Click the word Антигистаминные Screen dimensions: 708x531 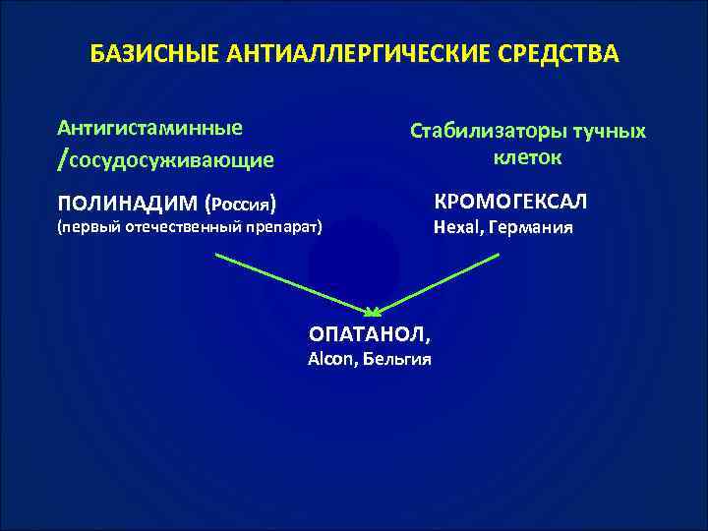click(150, 128)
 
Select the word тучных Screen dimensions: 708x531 click(603, 132)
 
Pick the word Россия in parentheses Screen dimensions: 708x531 click(240, 205)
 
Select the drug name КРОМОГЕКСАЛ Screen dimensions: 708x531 click(510, 202)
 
